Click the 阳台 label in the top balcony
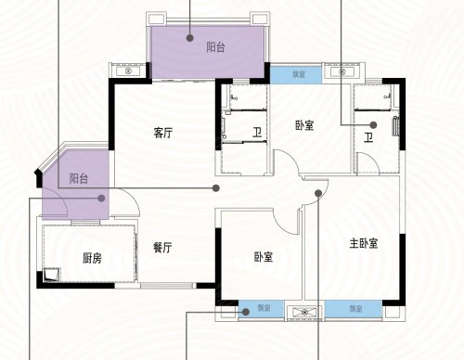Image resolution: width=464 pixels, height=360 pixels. point(216,45)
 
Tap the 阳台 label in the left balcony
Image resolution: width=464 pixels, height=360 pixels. point(79,178)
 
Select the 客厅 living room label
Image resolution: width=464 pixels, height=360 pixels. point(163,133)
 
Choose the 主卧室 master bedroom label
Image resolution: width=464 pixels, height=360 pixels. point(362,244)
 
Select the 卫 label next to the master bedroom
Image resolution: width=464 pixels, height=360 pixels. point(368,139)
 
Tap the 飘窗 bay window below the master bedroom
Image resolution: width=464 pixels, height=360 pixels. point(356,309)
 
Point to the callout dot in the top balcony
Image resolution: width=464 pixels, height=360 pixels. point(189,38)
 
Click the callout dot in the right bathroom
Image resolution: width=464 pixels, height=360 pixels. point(373,123)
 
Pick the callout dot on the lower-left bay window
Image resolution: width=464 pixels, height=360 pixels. point(245,313)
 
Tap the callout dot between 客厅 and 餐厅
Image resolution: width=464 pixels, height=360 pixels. point(216,187)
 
